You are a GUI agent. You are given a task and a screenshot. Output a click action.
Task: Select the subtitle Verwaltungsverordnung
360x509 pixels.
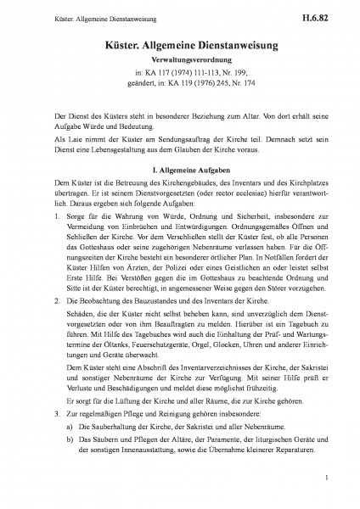tap(180, 61)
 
